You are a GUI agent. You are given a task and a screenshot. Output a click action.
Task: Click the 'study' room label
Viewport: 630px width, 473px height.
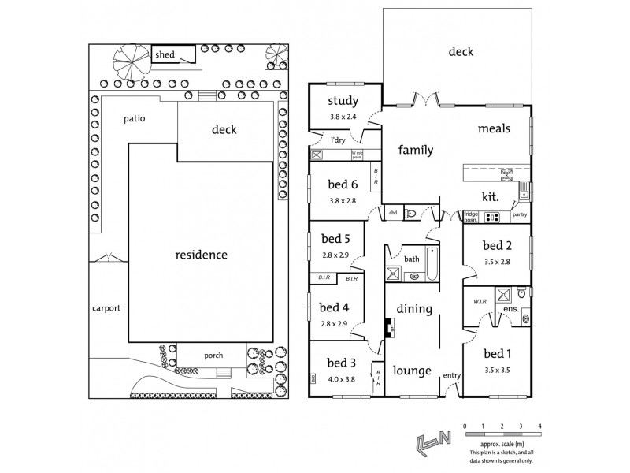tap(343, 100)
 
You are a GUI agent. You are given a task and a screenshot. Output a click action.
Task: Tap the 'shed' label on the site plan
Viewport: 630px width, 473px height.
tap(165, 54)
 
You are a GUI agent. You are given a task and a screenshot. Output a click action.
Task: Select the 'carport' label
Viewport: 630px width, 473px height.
tap(106, 308)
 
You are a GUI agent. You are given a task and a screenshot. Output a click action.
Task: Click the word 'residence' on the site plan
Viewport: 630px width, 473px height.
tap(202, 255)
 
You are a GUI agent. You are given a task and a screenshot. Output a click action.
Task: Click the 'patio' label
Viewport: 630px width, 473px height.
tap(135, 118)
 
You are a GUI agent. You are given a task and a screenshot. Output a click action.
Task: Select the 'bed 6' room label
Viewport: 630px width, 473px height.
tap(343, 184)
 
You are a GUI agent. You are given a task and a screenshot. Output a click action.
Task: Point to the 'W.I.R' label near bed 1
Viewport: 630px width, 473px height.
tap(479, 300)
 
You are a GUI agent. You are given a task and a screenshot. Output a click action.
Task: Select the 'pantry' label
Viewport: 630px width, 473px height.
tap(520, 214)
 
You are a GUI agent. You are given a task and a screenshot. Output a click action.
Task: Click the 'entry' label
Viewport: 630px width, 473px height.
tap(450, 375)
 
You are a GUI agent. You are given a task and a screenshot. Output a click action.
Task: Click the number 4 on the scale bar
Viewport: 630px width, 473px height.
tap(539, 426)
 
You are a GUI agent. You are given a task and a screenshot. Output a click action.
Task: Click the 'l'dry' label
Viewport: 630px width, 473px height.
tap(338, 140)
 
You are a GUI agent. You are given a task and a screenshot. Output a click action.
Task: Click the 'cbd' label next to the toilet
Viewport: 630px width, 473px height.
tap(392, 213)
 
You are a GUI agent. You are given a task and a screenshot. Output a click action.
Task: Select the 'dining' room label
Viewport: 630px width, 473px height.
tap(414, 308)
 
